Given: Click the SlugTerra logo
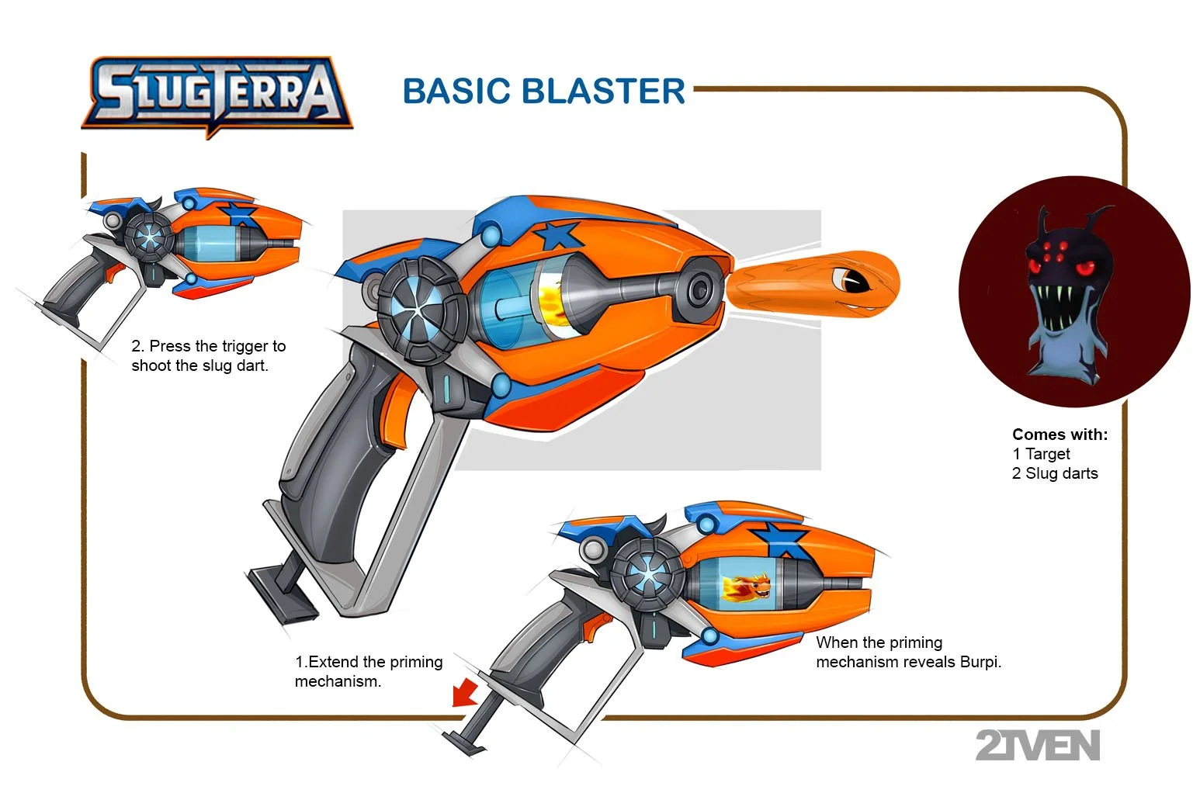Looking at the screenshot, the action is pos(217,95).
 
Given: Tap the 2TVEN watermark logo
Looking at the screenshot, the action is pos(1037,746).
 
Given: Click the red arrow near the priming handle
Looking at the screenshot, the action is pos(466,691).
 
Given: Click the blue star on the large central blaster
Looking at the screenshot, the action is pos(558,234).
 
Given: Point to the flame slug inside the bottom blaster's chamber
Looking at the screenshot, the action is pos(745,587).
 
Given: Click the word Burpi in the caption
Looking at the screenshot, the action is pos(980,662).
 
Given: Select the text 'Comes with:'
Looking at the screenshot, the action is pos(1060,435).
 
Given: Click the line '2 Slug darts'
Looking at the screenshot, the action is pos(1055,473).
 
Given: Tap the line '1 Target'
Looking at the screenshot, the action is pos(1041,454).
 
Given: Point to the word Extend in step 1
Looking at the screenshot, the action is pos(336,662).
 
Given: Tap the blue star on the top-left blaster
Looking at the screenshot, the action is pos(238,213).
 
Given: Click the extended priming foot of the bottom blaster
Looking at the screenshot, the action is pos(466,741).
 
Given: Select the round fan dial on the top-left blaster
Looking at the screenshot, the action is pos(148,237).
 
